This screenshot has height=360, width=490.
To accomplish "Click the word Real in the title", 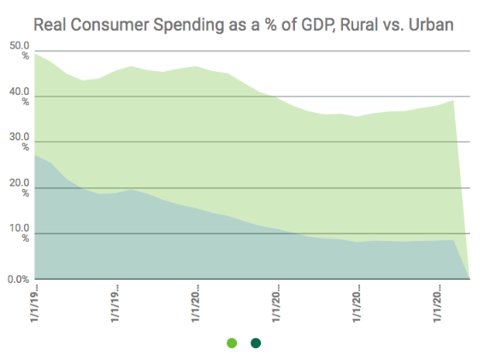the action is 50,25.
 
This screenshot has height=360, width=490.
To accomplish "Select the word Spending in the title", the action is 188,26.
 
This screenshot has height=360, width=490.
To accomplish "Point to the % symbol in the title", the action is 270,25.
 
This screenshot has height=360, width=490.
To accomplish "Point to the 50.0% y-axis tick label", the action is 20,50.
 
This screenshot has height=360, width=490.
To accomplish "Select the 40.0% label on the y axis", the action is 20,97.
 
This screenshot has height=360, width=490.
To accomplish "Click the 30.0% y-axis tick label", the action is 20,142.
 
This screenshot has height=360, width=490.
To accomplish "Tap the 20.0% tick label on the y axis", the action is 20,187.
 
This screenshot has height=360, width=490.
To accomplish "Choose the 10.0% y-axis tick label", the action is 20,233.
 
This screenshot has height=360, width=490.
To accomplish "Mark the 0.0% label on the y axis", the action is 19,279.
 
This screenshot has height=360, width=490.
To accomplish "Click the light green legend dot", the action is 232,343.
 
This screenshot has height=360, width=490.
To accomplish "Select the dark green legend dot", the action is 256,343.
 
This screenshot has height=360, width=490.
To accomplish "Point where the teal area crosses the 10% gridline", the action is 294,233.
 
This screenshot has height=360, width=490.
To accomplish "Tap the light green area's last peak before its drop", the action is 453,100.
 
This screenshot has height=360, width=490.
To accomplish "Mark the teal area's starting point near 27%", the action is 35,155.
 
